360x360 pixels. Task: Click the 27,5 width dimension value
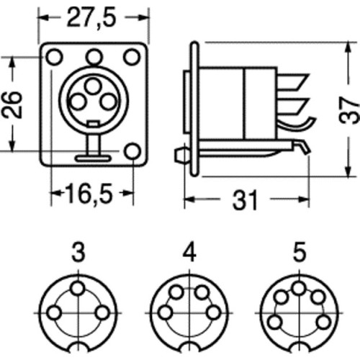91,18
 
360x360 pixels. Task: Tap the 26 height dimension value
12,104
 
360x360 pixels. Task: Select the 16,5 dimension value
89,194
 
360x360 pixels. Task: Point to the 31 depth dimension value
245,200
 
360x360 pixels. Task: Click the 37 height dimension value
349,110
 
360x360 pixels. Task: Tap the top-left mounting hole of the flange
54,57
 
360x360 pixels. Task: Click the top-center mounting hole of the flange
94,57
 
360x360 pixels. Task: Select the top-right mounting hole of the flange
132,57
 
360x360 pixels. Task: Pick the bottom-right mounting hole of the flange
132,151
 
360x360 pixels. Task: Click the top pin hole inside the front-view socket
93,86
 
